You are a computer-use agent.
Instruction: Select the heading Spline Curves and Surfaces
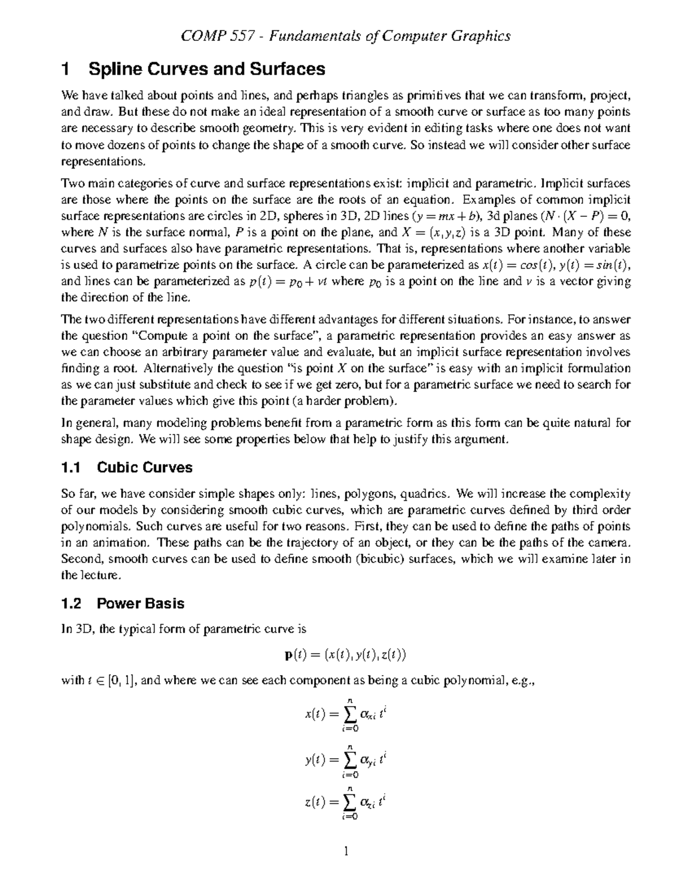point(206,70)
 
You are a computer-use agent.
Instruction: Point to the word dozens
point(126,144)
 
